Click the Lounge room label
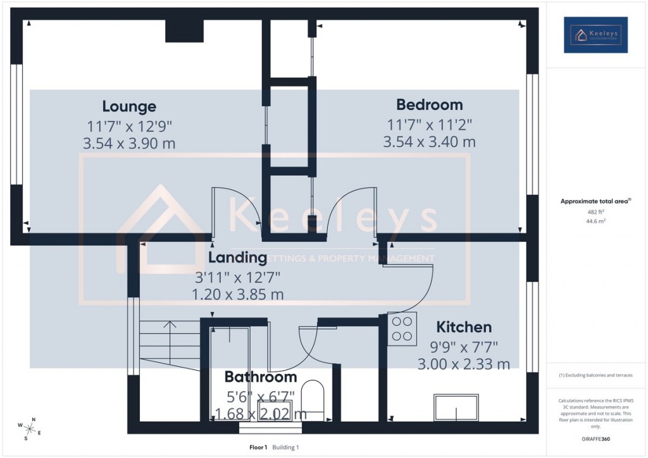point(129,106)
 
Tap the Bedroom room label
point(429,104)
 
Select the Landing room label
point(237,257)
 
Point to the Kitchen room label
point(464,327)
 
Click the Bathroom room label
point(260,377)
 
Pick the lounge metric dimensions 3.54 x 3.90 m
point(129,144)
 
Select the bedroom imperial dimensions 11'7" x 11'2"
point(429,125)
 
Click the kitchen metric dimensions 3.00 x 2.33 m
point(464,364)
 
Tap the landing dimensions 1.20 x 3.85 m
point(237,294)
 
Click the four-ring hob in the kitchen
point(402,328)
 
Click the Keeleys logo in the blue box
point(595,35)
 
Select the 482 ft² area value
point(595,213)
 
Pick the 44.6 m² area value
point(595,222)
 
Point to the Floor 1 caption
point(258,447)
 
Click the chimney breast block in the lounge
point(184,31)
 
